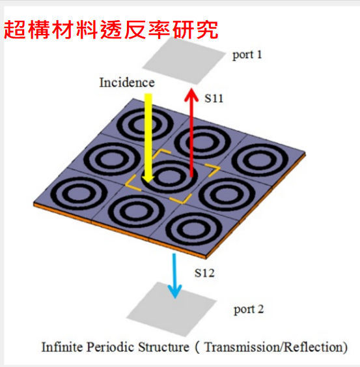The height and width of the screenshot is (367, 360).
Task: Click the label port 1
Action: (247, 55)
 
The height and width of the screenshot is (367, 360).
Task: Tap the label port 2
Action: (249, 310)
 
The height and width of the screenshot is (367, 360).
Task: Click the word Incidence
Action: (127, 83)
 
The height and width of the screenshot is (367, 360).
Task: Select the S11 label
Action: (214, 98)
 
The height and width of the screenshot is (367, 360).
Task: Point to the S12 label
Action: (204, 273)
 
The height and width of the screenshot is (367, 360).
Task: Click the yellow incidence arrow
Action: (148, 138)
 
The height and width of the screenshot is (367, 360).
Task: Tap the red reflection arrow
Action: (191, 132)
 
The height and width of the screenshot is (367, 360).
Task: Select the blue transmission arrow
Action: (174, 276)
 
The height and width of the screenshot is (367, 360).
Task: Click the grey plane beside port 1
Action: (184, 61)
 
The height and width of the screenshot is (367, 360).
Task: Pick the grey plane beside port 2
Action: (171, 309)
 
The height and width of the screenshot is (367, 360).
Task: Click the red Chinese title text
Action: (111, 30)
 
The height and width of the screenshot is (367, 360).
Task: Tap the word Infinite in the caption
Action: (62, 347)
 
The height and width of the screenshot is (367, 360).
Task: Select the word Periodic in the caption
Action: (110, 347)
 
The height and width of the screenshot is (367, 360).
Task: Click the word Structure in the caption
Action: (163, 347)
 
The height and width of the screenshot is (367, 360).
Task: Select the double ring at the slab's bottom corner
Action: (193, 229)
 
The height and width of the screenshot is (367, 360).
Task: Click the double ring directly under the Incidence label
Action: (145, 124)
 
